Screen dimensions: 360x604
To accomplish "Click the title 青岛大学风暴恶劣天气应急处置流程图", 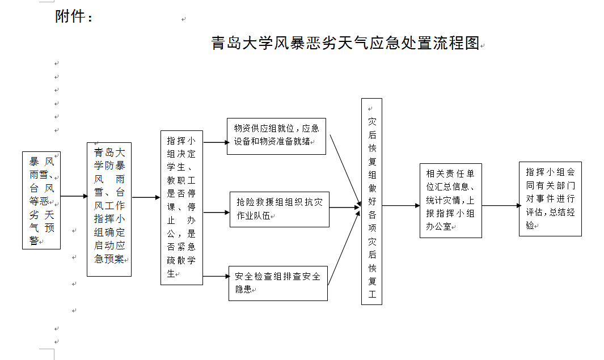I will (346, 44).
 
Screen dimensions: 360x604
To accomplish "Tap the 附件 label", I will (74, 17).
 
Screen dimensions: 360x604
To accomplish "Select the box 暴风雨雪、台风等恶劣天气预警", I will (41, 200).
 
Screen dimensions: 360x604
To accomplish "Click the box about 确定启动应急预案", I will (109, 209).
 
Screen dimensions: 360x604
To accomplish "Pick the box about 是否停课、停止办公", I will (181, 207).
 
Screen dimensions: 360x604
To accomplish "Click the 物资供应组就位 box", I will (276, 136).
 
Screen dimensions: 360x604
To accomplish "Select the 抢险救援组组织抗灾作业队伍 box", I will (279, 209).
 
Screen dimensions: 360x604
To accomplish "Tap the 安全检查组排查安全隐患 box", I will (278, 282).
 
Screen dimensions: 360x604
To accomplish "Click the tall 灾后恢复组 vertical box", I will (371, 201).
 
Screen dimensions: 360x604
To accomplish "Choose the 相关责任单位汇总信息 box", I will (450, 200).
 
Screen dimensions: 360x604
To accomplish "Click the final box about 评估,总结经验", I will (550, 198).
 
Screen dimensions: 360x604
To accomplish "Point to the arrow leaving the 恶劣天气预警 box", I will (73, 196).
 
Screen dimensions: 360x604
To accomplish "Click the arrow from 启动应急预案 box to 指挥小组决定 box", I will (146, 197).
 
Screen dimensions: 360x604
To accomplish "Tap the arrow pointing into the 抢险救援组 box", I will (216, 213).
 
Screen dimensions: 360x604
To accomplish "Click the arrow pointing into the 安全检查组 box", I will (216, 277).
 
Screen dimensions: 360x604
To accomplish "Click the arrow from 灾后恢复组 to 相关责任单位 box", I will (400, 206).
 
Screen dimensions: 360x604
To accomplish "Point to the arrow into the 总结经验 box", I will (500, 206).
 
